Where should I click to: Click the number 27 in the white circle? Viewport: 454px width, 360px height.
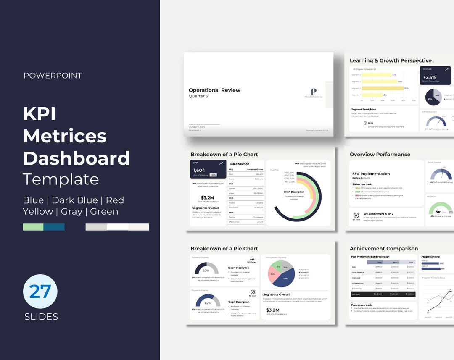(40, 291)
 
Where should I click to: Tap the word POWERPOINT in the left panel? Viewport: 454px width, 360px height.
(53, 76)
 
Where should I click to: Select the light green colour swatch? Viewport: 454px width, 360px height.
(33, 227)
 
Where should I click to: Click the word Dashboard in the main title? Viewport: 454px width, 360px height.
(76, 158)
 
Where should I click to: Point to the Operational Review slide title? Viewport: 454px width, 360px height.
(214, 90)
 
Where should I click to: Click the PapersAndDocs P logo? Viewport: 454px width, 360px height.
(313, 92)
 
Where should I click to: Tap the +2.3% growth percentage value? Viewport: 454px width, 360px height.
(429, 77)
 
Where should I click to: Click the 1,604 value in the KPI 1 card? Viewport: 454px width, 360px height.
(199, 171)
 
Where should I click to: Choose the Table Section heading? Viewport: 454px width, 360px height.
(239, 164)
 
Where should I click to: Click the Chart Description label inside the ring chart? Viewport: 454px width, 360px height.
(294, 192)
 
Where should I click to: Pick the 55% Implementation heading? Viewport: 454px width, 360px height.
(371, 173)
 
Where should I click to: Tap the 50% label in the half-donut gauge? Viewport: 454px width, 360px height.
(206, 271)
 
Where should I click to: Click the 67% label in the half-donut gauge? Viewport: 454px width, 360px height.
(208, 303)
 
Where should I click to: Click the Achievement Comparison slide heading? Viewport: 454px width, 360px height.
(384, 248)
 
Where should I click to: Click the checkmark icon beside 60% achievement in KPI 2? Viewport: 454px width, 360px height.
(356, 215)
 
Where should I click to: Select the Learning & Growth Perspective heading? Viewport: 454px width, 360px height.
(391, 60)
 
